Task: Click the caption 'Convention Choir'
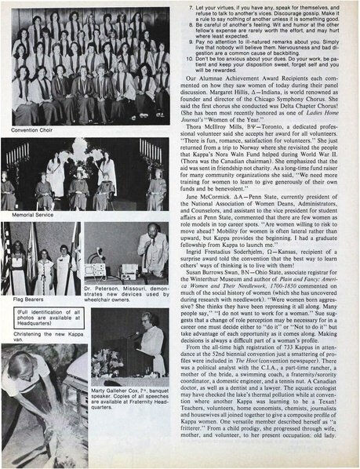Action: (x=27, y=129)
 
